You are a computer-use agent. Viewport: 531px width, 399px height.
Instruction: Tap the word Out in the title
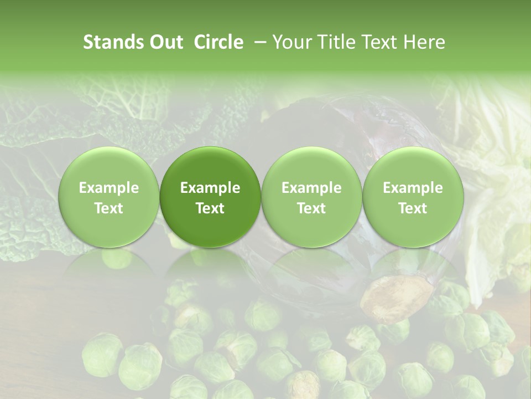(164, 42)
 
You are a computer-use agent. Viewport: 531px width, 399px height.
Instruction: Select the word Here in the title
(425, 42)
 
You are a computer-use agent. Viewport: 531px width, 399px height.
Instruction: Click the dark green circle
(210, 197)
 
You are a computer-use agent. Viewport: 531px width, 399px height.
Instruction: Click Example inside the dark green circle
(210, 188)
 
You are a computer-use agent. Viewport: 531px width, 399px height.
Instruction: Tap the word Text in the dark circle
(210, 208)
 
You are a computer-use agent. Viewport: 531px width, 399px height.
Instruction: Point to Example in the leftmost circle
(109, 188)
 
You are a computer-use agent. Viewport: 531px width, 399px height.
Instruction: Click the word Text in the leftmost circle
(109, 208)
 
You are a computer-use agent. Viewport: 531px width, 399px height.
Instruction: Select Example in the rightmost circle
(413, 188)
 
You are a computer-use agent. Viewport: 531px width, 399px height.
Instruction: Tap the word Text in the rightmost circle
(413, 208)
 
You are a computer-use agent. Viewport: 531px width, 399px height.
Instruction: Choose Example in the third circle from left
(311, 188)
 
